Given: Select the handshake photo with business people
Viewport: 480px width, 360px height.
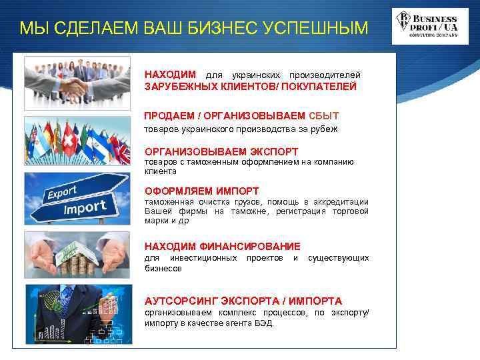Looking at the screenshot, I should [x=77, y=83].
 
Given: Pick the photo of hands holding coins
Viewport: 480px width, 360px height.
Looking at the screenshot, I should [x=77, y=256].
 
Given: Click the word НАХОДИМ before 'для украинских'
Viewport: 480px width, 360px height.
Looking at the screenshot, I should [x=171, y=74].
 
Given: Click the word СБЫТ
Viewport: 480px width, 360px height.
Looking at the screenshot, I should [x=324, y=115].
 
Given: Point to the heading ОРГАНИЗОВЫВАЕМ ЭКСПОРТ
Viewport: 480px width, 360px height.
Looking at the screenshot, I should [x=221, y=151].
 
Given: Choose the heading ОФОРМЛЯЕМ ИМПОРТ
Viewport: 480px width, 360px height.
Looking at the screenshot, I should [x=201, y=191].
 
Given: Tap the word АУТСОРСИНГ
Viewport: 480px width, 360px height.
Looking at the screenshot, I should [x=181, y=301].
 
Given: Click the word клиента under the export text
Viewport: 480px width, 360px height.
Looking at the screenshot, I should [x=159, y=171].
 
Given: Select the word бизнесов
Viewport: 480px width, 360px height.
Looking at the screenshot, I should [x=163, y=268].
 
